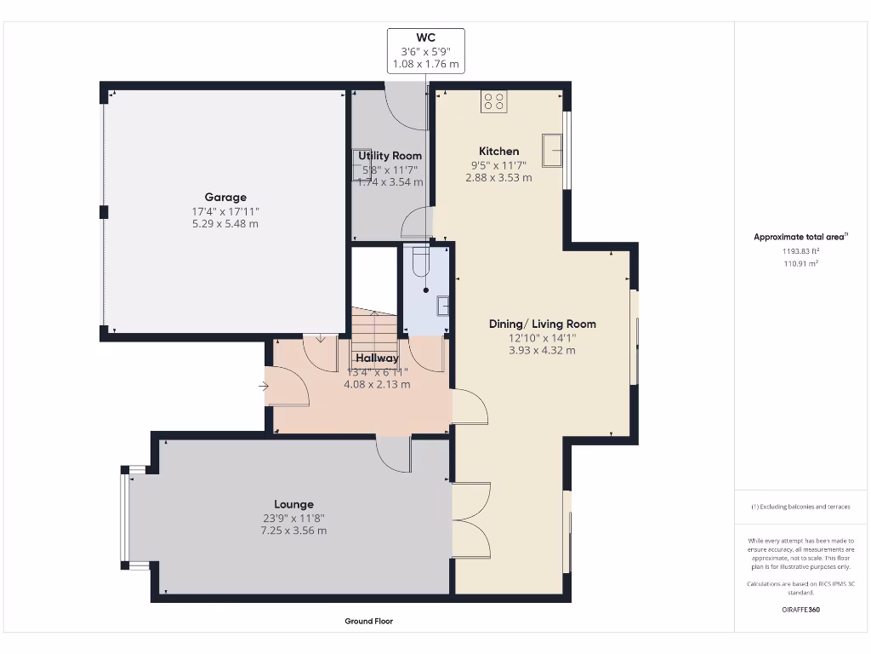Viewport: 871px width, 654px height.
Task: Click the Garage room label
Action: pos(225,197)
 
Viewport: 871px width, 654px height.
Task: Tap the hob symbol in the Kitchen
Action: pos(494,101)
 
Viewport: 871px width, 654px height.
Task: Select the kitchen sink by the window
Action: pos(553,150)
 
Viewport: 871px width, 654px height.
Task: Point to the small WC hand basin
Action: pos(441,306)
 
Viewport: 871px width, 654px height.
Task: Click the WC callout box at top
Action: pos(425,50)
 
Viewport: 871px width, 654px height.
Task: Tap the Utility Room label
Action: pos(390,156)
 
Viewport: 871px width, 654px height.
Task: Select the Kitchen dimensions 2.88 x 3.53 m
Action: pos(498,178)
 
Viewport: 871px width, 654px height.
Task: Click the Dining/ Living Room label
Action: pos(542,324)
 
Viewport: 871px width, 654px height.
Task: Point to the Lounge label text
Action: pos(293,504)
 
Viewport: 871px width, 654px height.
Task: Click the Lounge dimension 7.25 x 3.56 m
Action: pos(293,531)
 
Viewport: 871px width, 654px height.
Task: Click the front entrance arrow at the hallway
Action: pos(264,387)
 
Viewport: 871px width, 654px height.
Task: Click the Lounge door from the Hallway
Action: pos(393,451)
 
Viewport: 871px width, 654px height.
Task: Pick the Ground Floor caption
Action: pos(368,622)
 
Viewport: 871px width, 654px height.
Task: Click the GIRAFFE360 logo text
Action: pos(801,610)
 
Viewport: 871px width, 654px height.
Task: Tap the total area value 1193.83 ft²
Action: pos(800,251)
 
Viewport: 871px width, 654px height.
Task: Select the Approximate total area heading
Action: pos(800,237)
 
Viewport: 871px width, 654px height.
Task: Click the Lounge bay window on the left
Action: pos(126,517)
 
